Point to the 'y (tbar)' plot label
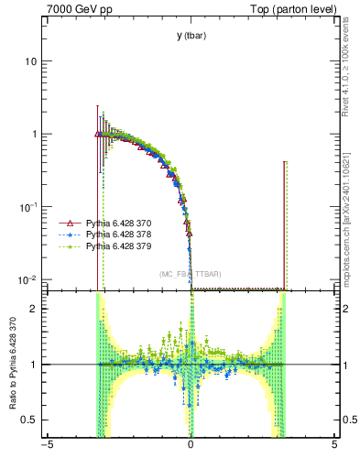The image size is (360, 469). tap(191, 36)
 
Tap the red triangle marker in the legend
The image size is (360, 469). tap(66, 224)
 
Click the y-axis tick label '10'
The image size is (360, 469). tap(29, 61)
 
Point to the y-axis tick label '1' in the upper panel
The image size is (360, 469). tap(33, 134)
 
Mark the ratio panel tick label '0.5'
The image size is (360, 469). tap(29, 420)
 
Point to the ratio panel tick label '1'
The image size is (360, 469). tap(34, 365)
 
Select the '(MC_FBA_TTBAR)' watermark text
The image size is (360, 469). tap(191, 274)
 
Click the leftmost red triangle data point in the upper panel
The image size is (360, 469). tap(98, 134)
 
